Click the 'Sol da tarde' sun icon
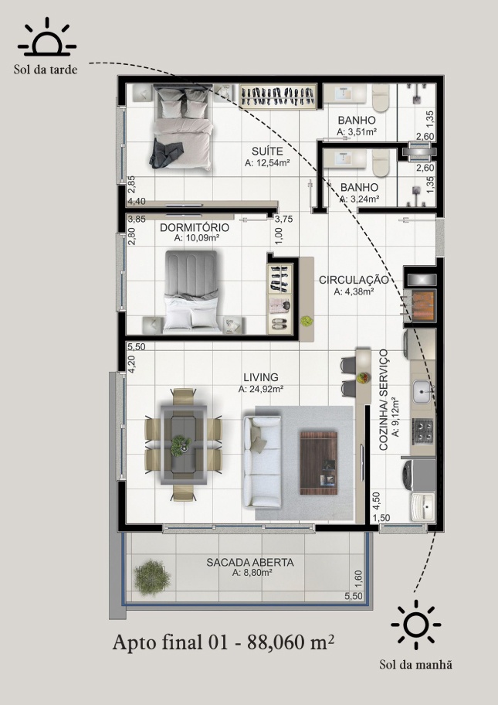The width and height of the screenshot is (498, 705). (x=46, y=37)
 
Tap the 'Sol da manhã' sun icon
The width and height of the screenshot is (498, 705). (x=416, y=625)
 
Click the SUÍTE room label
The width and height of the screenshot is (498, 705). (x=267, y=151)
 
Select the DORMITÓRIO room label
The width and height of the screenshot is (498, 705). (x=195, y=227)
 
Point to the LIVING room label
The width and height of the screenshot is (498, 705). (x=261, y=377)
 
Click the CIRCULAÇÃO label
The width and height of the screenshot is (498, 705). (x=354, y=280)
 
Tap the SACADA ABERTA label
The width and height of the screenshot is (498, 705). (x=250, y=563)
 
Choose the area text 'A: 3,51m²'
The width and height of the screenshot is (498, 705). (x=357, y=131)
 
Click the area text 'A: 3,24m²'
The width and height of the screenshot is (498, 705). (x=359, y=198)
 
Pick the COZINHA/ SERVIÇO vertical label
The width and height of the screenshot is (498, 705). (x=383, y=400)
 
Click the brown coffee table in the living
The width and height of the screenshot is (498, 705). (x=318, y=462)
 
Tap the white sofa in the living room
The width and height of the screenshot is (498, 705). (x=262, y=461)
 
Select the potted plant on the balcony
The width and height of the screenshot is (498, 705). (x=152, y=577)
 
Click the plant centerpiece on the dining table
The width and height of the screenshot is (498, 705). (x=181, y=445)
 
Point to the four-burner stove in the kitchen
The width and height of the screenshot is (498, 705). (x=422, y=431)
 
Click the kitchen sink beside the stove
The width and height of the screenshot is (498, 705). (x=422, y=393)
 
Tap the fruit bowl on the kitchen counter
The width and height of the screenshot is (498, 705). (x=363, y=378)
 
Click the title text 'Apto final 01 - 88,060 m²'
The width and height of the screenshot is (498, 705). (x=223, y=642)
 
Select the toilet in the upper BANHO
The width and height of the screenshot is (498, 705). (x=381, y=98)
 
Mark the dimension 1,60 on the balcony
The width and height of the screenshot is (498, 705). (x=358, y=577)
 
